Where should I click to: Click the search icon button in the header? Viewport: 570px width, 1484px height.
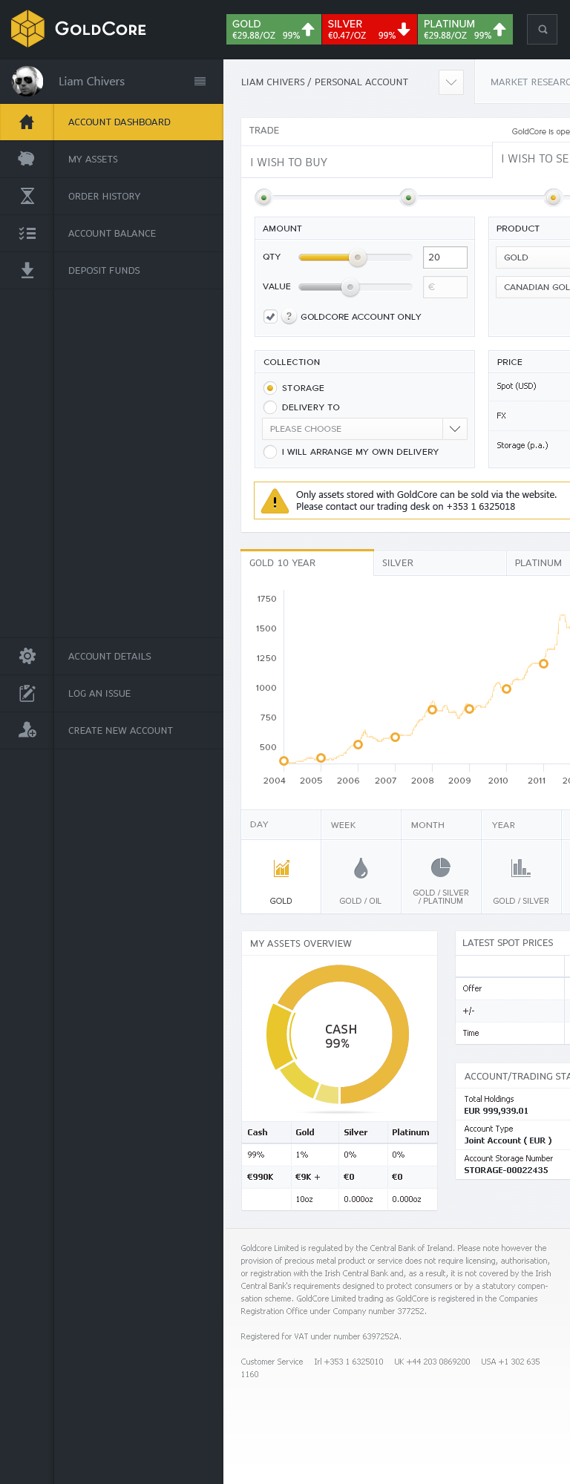[543, 30]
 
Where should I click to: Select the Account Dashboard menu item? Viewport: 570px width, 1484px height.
[119, 122]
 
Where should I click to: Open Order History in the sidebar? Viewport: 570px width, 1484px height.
[104, 197]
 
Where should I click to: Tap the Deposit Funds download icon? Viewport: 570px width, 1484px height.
[27, 270]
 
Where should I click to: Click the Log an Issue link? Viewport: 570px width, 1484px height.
[99, 694]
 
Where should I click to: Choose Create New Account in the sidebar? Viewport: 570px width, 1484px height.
[120, 731]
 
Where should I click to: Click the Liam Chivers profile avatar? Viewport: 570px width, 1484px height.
[27, 82]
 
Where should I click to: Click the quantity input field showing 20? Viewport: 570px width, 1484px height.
[445, 257]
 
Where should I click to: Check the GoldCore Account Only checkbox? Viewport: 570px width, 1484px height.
[270, 317]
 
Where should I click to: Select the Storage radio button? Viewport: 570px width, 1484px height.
[270, 388]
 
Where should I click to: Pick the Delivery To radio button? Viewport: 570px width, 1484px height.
[270, 407]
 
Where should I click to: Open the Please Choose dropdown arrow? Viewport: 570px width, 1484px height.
[455, 429]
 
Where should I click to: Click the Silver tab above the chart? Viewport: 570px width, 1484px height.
[398, 563]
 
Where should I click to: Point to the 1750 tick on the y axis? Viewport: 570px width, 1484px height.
[266, 599]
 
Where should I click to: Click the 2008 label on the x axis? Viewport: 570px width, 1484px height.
[422, 781]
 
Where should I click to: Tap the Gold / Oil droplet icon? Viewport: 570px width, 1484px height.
[361, 868]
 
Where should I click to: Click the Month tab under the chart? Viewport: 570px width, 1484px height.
[427, 825]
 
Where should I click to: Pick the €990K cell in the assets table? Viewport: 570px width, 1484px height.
[261, 1177]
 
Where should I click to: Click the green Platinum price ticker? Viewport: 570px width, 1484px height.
[465, 30]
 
